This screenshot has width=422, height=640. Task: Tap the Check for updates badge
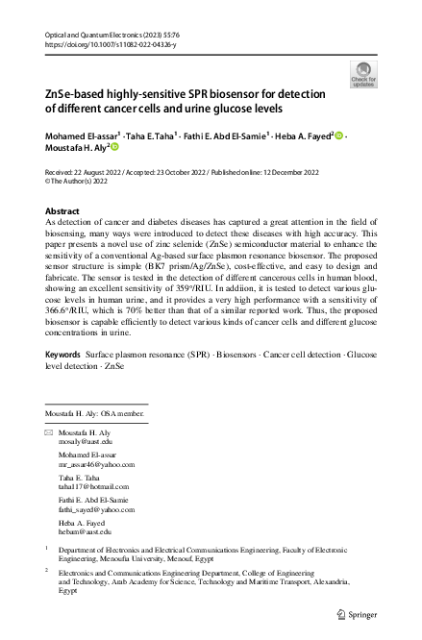point(364,72)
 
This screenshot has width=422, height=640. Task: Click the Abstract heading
point(63,210)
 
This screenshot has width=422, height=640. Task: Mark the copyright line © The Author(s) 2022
point(85,178)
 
